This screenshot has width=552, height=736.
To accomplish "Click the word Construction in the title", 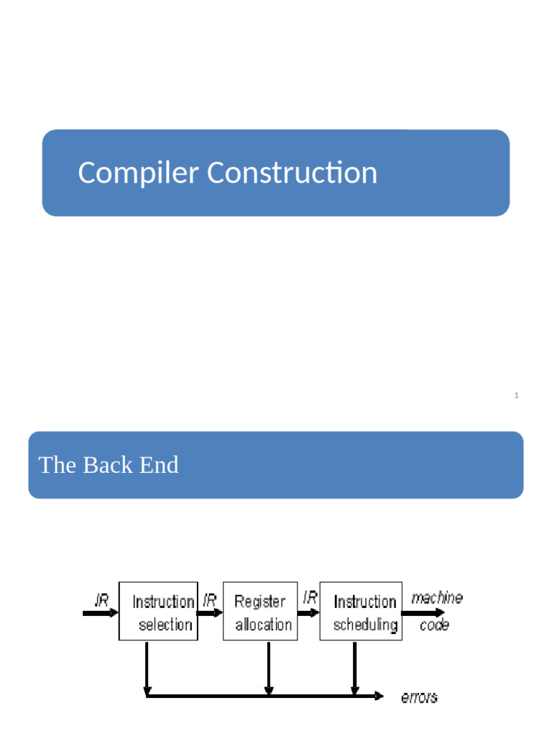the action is pyautogui.click(x=292, y=173).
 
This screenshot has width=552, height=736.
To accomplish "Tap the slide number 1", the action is pyautogui.click(x=517, y=395).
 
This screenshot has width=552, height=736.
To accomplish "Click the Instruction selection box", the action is pyautogui.click(x=158, y=612).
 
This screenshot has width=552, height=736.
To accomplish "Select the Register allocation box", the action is pyautogui.click(x=260, y=612).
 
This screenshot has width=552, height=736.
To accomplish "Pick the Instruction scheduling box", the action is pyautogui.click(x=361, y=612).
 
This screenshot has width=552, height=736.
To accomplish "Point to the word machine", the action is pyautogui.click(x=437, y=598).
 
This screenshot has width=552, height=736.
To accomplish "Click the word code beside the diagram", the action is pyautogui.click(x=434, y=625).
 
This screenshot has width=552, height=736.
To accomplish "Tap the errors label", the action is pyautogui.click(x=418, y=696).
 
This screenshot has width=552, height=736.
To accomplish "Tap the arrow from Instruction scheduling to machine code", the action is pyautogui.click(x=418, y=613).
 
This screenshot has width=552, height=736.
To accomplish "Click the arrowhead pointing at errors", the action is pyautogui.click(x=379, y=695).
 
